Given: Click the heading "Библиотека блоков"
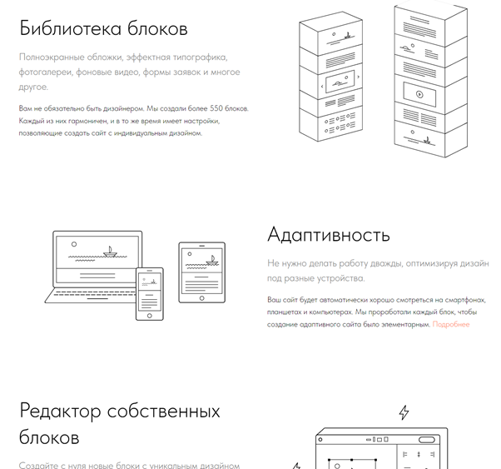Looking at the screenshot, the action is coord(103,27).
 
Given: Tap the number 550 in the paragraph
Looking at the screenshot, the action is coord(216,108).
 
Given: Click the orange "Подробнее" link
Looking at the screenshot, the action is coord(451,324).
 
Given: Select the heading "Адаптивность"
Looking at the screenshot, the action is coord(329,235).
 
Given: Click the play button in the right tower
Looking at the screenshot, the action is coord(419,94).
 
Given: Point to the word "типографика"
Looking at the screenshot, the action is coord(200,57).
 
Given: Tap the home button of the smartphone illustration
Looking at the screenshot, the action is coord(150,316).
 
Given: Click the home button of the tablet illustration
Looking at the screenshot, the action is coord(201,298).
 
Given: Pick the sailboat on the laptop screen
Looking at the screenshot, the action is coord(110,252).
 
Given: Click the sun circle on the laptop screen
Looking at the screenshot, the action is coord(74,244).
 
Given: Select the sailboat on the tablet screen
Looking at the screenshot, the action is coord(212,261).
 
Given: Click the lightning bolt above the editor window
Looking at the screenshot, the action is coord(404,412).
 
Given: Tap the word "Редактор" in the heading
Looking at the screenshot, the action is coord(60,411).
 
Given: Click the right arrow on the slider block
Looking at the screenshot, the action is coord(358,77).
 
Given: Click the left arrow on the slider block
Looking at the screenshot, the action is coord(322,86).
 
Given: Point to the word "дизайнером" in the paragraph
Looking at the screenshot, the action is coord(124,109).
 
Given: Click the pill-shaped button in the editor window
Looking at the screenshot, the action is coord(427,440).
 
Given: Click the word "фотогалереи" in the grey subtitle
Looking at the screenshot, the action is coord(46,72).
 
